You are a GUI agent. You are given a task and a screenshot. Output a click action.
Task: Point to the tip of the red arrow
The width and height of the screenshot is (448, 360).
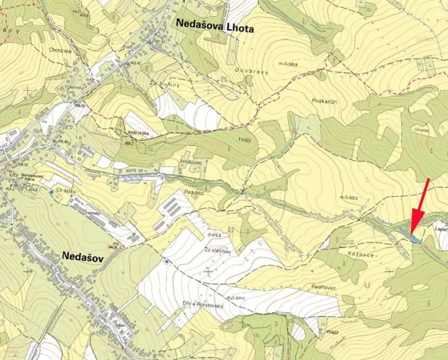[x=412, y=232]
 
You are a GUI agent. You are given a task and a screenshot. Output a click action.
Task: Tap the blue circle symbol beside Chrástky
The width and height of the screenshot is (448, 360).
[x=51, y=192]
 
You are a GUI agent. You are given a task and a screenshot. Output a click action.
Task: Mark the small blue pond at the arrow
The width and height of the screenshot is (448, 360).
[x=415, y=238]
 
